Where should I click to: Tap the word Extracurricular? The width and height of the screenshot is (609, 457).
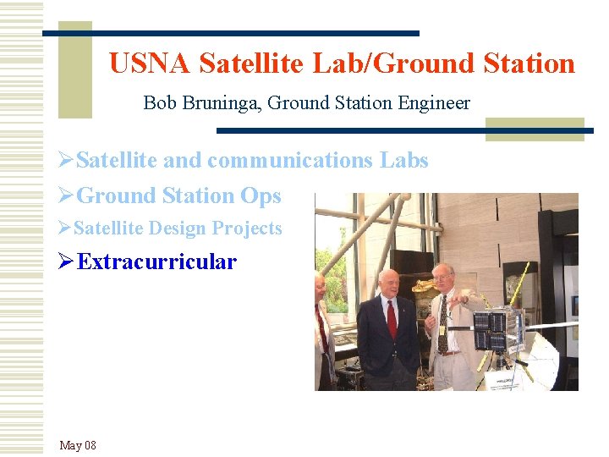point(156,262)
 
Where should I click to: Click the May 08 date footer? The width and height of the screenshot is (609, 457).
point(78,445)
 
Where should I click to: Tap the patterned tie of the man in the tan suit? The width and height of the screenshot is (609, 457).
point(442,325)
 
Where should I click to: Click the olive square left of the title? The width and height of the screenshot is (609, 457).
point(74,69)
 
